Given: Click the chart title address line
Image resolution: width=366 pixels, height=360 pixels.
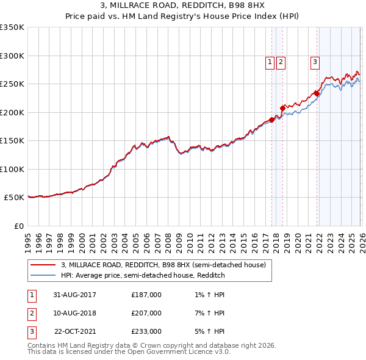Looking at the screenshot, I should [183, 5].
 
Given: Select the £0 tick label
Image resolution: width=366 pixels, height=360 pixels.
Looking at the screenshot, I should [18, 226].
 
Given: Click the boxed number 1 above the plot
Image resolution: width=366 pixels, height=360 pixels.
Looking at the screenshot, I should [270, 61].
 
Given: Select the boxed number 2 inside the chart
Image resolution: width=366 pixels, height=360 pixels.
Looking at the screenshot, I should [281, 61].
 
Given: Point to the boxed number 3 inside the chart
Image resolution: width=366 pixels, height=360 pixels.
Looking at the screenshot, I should [315, 61].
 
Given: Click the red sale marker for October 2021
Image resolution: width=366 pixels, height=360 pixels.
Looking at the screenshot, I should [317, 93].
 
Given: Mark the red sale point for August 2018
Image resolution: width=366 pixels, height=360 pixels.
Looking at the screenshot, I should [282, 108].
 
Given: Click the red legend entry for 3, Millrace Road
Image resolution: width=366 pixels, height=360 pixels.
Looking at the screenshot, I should [163, 265].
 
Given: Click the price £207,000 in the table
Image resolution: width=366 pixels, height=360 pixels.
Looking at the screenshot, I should [146, 313].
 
